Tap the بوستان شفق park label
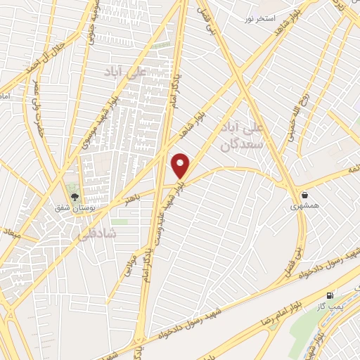coord(74,209)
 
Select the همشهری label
coord(304,207)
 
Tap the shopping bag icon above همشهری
coord(304,194)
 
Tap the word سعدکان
coord(242,146)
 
